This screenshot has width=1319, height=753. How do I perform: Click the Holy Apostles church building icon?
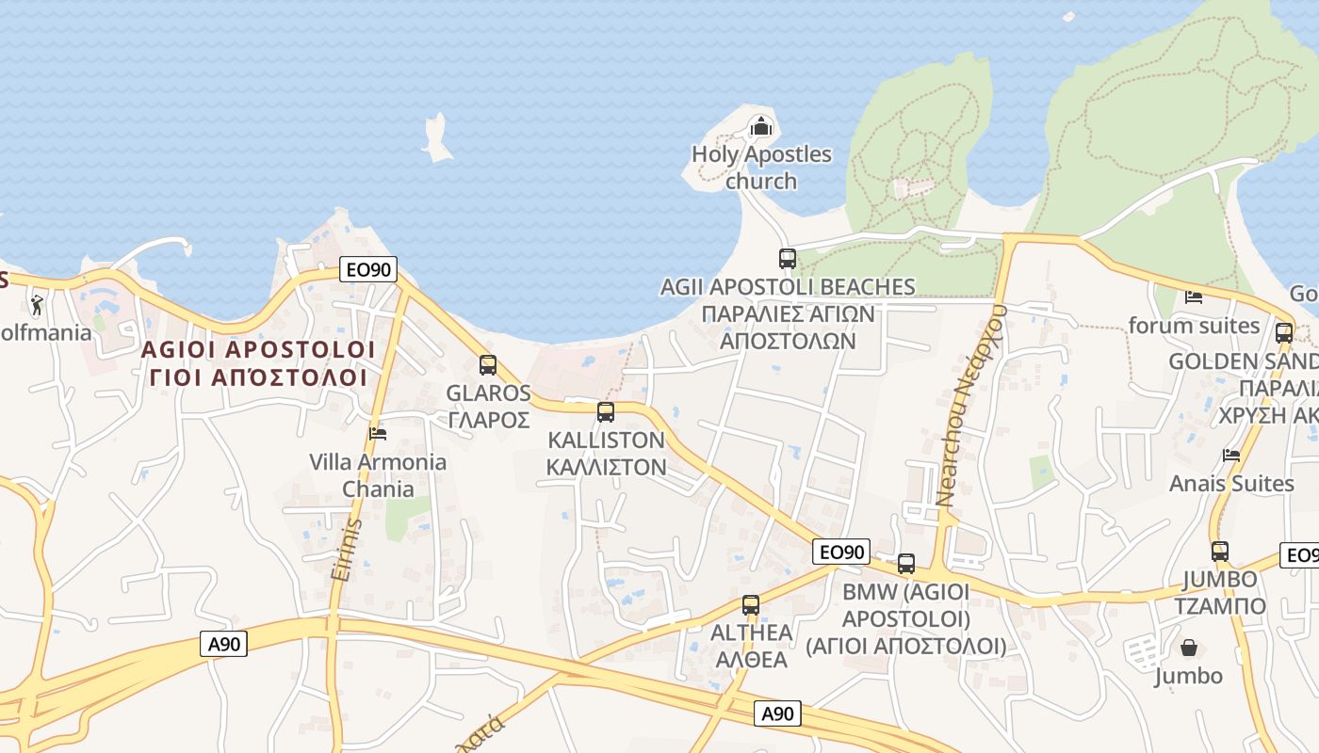tap(760, 124)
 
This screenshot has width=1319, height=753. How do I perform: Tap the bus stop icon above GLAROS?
tap(487, 365)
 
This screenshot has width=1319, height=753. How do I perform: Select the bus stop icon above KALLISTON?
tap(606, 411)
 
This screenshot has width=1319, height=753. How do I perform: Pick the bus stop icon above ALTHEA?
tap(751, 604)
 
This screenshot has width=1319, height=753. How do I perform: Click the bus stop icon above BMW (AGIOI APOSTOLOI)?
tap(906, 564)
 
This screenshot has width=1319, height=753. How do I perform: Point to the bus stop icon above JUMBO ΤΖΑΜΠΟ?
tap(1220, 551)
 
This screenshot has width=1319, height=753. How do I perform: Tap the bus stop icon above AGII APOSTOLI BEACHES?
tap(788, 258)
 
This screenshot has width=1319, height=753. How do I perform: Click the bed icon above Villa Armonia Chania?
tap(378, 433)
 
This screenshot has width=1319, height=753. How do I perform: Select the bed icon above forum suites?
tap(1194, 297)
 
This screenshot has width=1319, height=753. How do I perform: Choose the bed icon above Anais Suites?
tap(1231, 456)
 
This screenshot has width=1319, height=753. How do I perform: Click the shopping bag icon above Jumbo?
tap(1189, 648)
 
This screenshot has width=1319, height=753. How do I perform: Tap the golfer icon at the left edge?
tap(37, 305)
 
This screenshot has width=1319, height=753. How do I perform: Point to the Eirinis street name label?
tap(347, 547)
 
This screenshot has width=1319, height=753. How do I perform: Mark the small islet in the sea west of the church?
tap(436, 137)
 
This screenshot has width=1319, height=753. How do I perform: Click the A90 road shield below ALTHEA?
tap(778, 713)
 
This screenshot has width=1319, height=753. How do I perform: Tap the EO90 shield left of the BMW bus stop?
tap(841, 553)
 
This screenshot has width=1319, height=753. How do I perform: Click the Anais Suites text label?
tap(1231, 484)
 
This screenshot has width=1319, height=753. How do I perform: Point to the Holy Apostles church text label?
tap(761, 168)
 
